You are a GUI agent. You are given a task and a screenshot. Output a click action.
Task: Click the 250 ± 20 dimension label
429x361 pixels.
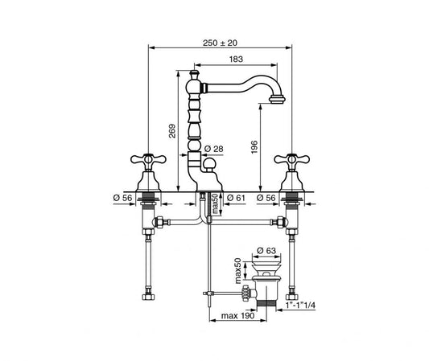220,43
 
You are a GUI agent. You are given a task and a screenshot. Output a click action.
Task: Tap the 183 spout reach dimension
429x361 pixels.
236,59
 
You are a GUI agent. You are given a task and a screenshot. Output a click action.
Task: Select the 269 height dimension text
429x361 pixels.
172,131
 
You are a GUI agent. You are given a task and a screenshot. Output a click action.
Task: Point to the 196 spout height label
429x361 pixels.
254,147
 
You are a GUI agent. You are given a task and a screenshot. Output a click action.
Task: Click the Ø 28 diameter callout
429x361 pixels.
213,149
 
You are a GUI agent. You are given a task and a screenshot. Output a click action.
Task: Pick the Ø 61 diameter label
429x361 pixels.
236,198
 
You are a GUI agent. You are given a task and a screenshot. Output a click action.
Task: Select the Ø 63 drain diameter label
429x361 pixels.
266,250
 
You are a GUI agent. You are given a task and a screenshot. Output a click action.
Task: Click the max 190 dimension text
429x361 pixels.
237,316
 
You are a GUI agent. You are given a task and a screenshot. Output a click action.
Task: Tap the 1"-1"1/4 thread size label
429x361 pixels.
300,306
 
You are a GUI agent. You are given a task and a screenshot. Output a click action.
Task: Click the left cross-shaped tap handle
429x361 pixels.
148,159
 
